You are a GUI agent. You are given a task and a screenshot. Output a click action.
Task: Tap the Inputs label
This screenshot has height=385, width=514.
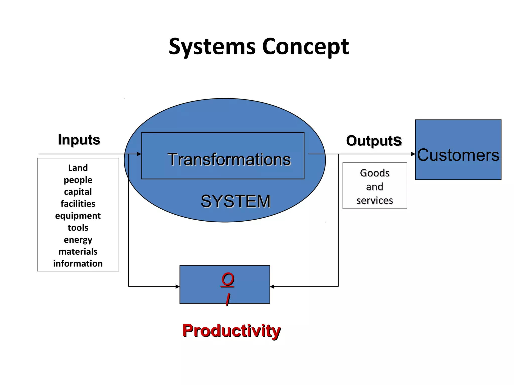79,140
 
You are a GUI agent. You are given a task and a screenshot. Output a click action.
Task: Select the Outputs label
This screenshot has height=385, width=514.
374,141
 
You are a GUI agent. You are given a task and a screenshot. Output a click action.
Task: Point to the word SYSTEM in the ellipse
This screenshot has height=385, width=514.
235,201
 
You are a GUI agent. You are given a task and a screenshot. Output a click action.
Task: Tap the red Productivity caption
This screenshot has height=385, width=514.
231,331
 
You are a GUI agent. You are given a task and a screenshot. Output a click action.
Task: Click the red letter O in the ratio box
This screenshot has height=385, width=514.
228,279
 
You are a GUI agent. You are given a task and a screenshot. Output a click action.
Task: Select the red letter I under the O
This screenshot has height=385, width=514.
228,299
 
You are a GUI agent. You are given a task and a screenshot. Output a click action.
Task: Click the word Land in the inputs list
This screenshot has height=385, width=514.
78,168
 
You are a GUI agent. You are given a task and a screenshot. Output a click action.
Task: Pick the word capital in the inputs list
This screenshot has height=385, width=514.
78,192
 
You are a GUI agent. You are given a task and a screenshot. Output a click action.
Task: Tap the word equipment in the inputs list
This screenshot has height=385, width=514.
78,216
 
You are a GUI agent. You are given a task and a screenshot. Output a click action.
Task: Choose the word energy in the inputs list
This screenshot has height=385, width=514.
78,240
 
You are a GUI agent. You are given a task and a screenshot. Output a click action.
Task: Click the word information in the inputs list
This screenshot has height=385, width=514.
78,263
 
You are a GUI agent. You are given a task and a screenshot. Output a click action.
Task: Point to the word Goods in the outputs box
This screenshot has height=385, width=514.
374,173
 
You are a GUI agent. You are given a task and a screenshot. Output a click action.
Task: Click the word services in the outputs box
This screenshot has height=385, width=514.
374,201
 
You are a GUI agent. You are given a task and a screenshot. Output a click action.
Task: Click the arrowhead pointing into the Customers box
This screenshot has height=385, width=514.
413,154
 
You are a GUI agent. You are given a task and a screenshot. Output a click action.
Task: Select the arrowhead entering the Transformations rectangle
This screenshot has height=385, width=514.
139,154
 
